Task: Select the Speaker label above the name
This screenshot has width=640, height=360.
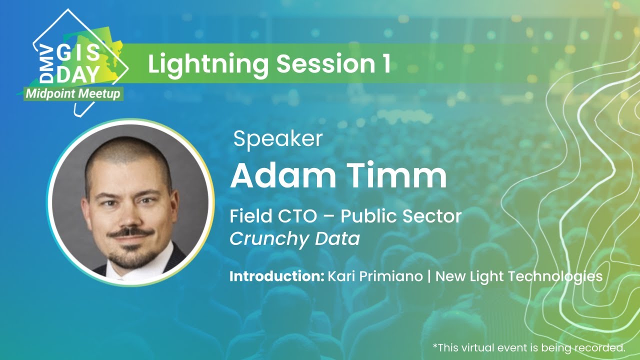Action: click(278, 138)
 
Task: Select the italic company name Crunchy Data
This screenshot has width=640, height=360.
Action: click(294, 239)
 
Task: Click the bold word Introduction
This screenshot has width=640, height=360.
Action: click(276, 276)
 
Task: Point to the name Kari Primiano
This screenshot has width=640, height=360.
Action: click(375, 276)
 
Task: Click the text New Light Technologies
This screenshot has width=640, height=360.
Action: click(519, 276)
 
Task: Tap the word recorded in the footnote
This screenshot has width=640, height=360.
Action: click(604, 347)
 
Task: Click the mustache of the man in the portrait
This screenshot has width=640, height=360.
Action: click(130, 232)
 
